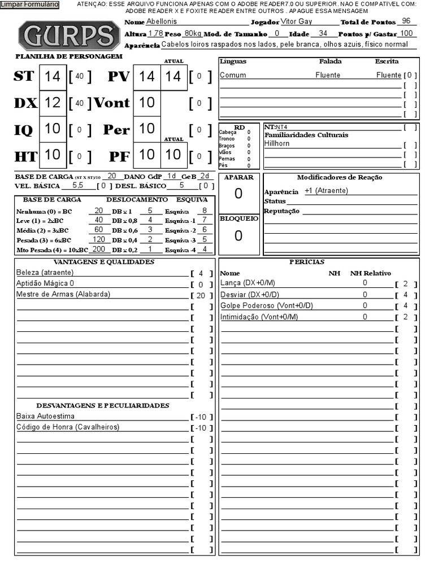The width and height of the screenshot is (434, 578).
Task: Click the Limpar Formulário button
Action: point(29,5)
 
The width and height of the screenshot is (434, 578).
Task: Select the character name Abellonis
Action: point(161,21)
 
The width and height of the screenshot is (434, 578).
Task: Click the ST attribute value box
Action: point(53,77)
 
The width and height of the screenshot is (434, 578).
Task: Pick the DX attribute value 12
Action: point(53,103)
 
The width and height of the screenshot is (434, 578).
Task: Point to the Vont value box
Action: point(146,103)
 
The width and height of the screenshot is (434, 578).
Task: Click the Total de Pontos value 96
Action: point(406,21)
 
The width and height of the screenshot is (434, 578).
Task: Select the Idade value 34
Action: point(323,33)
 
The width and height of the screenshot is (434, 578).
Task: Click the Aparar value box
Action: point(238,194)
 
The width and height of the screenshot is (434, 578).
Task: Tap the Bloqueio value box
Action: point(238,236)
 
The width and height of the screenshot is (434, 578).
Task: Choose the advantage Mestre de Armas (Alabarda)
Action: point(63,294)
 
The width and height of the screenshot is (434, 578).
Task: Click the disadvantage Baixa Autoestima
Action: point(45,416)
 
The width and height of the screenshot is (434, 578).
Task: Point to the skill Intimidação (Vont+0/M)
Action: point(259,317)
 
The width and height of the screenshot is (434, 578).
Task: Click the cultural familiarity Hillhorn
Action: point(276,143)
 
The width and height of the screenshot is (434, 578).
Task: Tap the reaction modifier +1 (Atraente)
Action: point(326,191)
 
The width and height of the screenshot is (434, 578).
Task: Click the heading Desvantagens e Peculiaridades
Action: point(103,405)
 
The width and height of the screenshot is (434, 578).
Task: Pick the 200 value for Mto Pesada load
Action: point(99,249)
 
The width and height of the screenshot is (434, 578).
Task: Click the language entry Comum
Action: point(233,75)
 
